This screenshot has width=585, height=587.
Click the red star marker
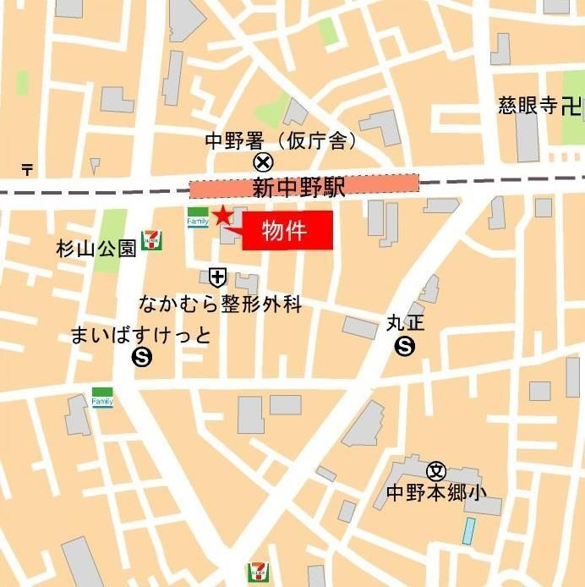click(221, 215)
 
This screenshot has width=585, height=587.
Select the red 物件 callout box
click(287, 231)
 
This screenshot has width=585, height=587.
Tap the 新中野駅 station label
click(299, 188)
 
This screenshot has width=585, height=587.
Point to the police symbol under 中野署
click(264, 162)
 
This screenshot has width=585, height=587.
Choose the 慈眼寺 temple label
click(529, 107)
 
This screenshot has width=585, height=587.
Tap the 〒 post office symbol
click(27, 169)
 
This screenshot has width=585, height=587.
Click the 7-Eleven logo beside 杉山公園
click(153, 239)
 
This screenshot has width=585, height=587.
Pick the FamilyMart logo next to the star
click(197, 217)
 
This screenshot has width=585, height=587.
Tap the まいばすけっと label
click(141, 335)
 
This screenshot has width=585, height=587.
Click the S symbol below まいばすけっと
click(141, 358)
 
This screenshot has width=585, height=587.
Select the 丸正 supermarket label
click(405, 323)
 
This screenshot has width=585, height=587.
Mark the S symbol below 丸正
click(406, 345)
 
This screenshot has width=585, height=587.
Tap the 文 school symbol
click(436, 472)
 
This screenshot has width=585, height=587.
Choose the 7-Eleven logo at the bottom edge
click(257, 573)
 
